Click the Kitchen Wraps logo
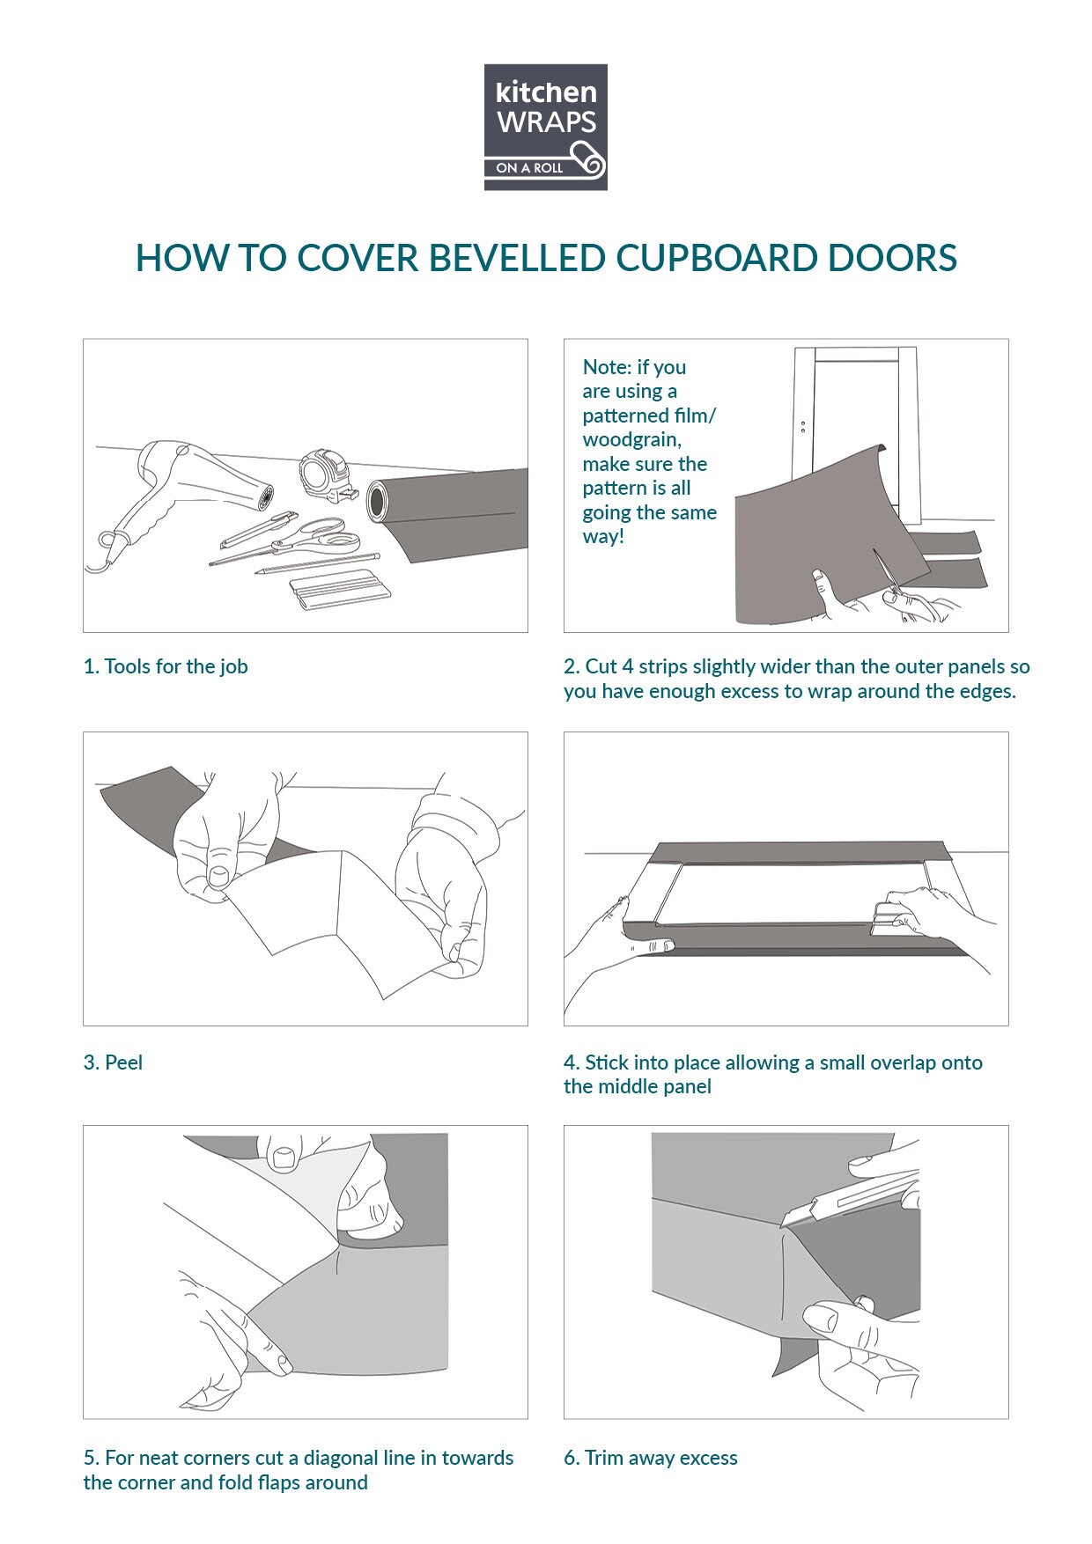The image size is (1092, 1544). click(545, 127)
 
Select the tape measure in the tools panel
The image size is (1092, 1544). click(324, 476)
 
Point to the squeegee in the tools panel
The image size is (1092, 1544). click(332, 589)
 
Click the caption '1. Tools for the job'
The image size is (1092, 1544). click(166, 666)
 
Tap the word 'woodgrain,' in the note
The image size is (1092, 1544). click(631, 439)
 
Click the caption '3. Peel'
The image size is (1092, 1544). click(113, 1062)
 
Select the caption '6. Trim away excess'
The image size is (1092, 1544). click(651, 1458)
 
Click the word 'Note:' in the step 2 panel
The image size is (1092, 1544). click(607, 367)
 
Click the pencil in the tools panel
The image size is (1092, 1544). click(317, 563)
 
